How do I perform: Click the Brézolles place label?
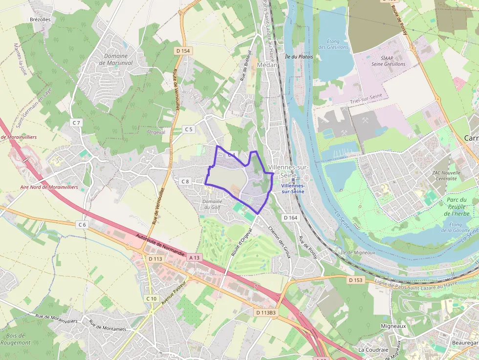pos(40,19)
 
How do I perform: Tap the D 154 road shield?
pos(182,51)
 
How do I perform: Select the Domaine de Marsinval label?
pos(116,59)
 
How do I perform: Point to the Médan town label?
pos(267,64)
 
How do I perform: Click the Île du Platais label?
pos(299,57)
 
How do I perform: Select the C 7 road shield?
pos(76,122)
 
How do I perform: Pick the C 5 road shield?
pos(189,129)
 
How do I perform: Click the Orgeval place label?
pos(156,132)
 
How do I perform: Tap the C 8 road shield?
pos(185,182)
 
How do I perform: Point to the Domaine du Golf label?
pos(212,204)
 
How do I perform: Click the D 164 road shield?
pos(290,218)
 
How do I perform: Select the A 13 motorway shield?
pos(195,257)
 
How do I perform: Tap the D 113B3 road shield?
pos(265,312)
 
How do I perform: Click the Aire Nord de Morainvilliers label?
pos(49,187)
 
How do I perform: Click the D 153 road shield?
pos(356,280)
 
